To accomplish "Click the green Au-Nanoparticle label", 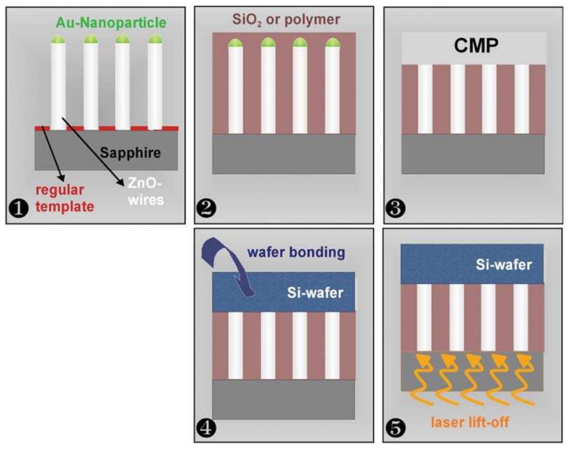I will point(111,23).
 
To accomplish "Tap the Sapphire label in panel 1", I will point(130,152).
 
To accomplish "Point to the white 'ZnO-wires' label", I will point(145,192).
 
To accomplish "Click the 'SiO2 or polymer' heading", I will point(286,20).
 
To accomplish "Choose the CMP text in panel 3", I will point(476,45).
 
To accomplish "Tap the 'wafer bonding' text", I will point(296,252).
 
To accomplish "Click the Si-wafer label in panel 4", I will point(315,293).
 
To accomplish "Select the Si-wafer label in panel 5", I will point(503,265).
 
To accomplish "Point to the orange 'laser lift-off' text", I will point(470,422).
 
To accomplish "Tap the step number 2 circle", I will point(206,208).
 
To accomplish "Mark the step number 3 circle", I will point(395,208).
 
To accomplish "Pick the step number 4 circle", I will point(206,428).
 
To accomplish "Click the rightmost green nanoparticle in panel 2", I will point(333,43).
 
